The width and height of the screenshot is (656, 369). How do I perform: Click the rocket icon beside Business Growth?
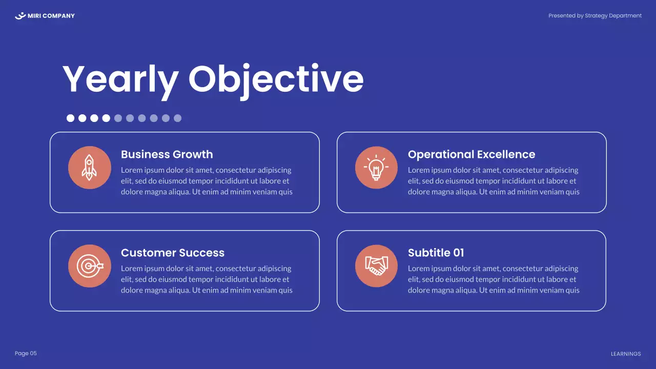coord(90,168)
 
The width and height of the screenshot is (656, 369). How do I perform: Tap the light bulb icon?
coord(376,168)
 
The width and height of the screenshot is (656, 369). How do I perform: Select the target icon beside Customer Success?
coord(90,266)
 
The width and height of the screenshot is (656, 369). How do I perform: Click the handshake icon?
coord(376,266)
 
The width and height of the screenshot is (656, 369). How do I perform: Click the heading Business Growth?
coord(167,154)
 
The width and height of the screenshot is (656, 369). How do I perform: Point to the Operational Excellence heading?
coord(471,154)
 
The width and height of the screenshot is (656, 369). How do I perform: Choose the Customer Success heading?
coord(172,253)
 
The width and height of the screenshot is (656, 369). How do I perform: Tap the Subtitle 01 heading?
coord(436,253)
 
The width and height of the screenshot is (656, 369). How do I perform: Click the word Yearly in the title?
coord(120,79)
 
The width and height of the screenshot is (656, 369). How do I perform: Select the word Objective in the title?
coord(276,79)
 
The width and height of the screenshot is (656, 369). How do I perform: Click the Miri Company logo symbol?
coord(20,16)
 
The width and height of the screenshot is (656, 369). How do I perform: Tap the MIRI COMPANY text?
coord(51,16)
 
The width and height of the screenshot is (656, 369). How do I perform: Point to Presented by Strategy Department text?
coord(594,16)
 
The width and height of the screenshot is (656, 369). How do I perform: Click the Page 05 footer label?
coord(26,353)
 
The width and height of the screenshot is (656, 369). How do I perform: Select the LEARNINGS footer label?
coord(626,354)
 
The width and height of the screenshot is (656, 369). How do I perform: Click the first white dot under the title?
coord(71,118)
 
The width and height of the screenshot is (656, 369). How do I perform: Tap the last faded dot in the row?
coord(177,118)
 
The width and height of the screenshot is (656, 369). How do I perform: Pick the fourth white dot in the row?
coord(106,118)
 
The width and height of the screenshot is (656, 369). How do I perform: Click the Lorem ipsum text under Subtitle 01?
coord(494,279)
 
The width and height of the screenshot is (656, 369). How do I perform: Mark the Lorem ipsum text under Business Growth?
coord(207,181)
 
